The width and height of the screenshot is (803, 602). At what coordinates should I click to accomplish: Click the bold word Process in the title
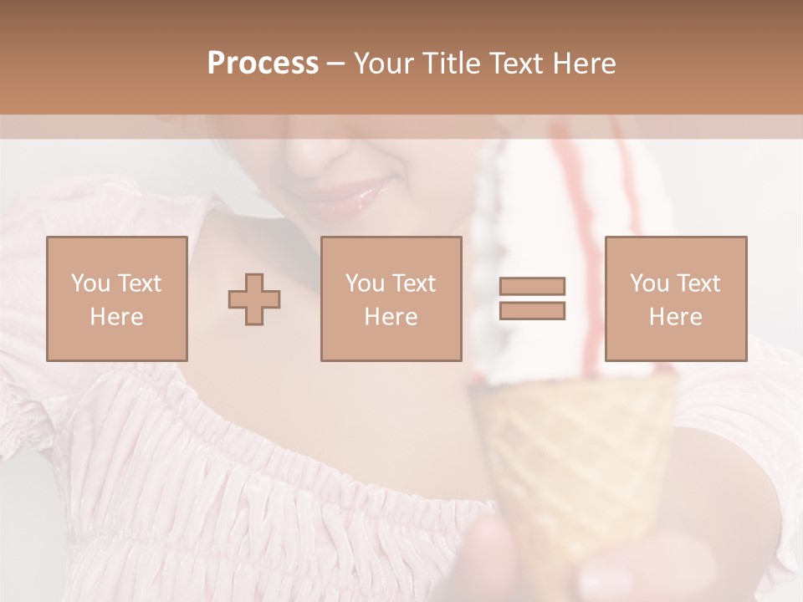(x=263, y=64)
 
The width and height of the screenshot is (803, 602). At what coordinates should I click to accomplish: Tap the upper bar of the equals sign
(x=532, y=287)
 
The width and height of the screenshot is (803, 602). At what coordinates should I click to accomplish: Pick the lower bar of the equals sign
(x=532, y=311)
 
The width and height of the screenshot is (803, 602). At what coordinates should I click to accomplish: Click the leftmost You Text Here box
(x=117, y=298)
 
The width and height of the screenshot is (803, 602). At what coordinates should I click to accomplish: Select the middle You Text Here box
(x=391, y=298)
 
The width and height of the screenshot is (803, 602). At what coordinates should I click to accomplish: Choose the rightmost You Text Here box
(x=675, y=298)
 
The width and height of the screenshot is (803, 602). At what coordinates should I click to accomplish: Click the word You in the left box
(x=90, y=283)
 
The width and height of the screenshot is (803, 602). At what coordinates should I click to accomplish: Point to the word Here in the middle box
(x=391, y=317)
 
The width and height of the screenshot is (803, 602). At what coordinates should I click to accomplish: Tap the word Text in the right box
(x=698, y=283)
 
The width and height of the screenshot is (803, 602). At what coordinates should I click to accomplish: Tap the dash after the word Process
(x=335, y=64)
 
